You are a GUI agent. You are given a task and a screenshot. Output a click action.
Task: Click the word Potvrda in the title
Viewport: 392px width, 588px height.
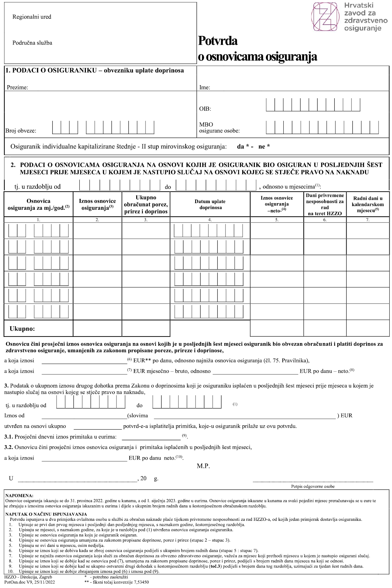(x=218, y=41)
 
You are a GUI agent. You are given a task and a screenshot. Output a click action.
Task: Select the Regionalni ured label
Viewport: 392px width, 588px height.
(x=32, y=17)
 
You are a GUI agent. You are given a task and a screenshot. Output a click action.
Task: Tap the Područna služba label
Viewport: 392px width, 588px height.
(x=32, y=43)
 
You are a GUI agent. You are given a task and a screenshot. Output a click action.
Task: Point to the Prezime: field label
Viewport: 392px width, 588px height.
(x=17, y=88)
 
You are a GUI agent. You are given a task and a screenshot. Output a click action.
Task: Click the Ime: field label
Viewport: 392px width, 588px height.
(x=205, y=88)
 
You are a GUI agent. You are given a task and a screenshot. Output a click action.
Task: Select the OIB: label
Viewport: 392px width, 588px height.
(x=205, y=109)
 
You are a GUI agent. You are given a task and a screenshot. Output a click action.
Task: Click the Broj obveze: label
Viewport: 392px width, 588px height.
(x=21, y=131)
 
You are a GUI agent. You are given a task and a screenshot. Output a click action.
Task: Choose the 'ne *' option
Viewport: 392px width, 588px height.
(x=264, y=147)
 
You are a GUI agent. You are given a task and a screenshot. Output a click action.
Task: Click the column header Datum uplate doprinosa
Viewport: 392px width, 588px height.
(x=210, y=204)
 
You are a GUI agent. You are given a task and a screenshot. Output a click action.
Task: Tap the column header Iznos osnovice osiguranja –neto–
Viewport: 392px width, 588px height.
(x=276, y=204)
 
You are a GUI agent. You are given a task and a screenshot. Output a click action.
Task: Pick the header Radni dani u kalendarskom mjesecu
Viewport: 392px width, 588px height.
(x=368, y=204)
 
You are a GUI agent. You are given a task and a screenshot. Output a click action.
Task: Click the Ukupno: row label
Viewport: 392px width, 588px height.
(x=22, y=329)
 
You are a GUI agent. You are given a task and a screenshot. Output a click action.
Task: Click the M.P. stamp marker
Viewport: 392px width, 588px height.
(x=203, y=466)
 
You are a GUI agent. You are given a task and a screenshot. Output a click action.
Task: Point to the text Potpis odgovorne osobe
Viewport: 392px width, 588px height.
(x=313, y=486)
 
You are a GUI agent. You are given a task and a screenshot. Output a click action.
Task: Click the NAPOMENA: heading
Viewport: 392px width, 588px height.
(x=19, y=495)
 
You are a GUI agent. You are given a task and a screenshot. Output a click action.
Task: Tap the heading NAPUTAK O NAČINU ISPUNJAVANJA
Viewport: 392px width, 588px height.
(x=46, y=514)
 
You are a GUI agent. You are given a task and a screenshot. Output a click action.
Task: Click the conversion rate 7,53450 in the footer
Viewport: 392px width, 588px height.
(x=140, y=582)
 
